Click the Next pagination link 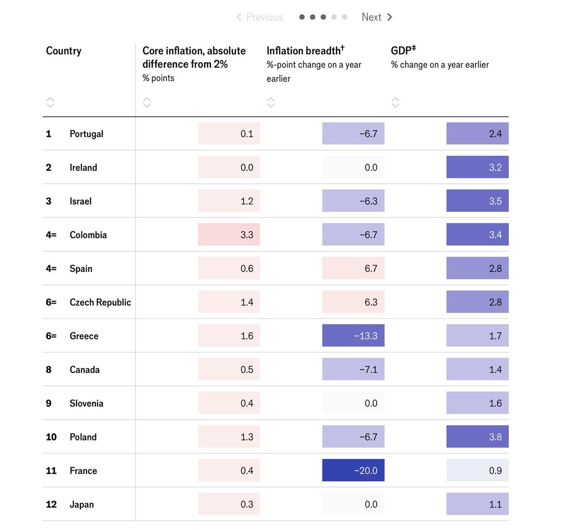[377, 17]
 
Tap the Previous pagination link [260, 17]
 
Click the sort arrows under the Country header [50, 102]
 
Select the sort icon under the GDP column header [395, 102]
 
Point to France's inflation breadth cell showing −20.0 [353, 470]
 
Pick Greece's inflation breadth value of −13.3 [353, 336]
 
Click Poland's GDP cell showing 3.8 [477, 436]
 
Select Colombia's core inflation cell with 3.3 [229, 234]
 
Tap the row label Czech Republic [100, 302]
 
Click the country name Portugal [86, 134]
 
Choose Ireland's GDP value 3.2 [477, 167]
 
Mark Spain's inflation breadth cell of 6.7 [353, 268]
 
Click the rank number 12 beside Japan [51, 504]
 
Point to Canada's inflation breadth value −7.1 [353, 369]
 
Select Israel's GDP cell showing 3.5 [477, 201]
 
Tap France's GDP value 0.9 [477, 470]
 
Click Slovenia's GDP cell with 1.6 [477, 403]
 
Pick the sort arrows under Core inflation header [146, 102]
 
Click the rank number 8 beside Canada [49, 369]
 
